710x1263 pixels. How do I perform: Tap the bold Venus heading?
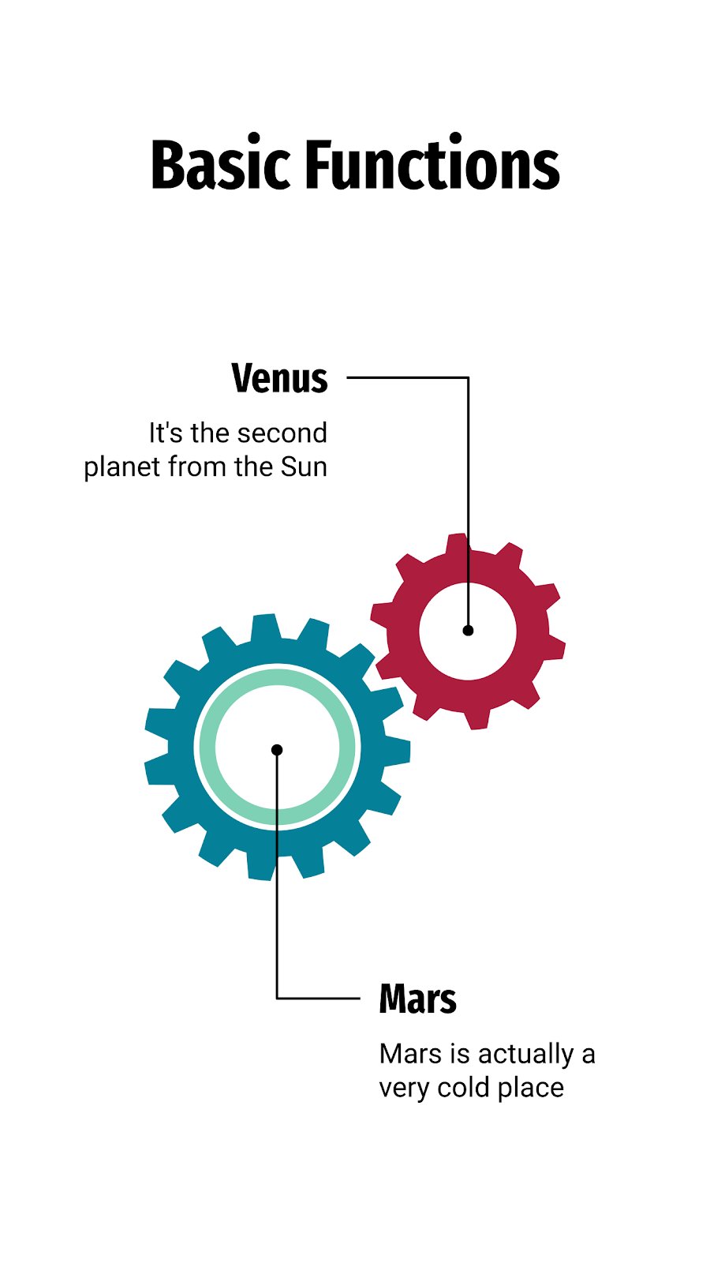(x=279, y=378)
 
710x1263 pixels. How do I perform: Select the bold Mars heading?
(x=417, y=999)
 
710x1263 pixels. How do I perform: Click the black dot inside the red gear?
(x=468, y=631)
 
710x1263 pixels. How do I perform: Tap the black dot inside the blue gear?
(x=277, y=750)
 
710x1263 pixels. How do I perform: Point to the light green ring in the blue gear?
(x=207, y=748)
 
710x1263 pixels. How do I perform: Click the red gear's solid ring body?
(x=403, y=631)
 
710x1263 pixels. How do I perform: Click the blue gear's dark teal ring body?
(x=181, y=748)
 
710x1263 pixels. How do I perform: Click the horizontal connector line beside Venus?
(x=407, y=377)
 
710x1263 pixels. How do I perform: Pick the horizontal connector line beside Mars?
(x=318, y=998)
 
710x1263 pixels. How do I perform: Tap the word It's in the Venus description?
(x=166, y=433)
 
